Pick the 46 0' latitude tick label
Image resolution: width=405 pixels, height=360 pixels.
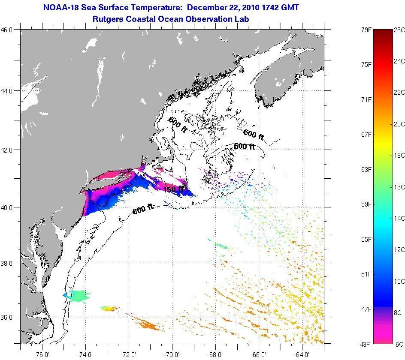(9, 30)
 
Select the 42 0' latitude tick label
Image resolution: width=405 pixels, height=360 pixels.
(9, 150)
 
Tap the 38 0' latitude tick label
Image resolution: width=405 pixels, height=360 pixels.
(9, 263)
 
